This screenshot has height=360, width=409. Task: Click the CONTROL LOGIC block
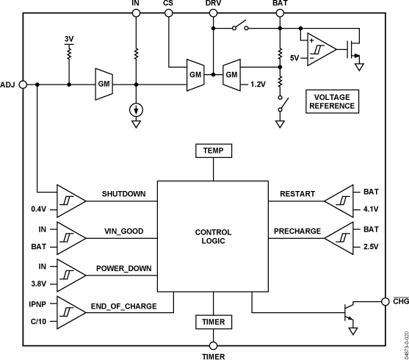tap(214, 237)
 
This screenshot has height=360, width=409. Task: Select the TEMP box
tap(214, 151)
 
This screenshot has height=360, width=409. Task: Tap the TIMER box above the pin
tap(214, 322)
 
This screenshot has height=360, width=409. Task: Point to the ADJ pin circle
tap(23, 84)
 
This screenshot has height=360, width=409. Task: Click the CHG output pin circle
tap(386, 300)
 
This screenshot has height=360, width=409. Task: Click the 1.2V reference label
tap(258, 84)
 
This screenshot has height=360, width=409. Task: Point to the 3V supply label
tap(68, 38)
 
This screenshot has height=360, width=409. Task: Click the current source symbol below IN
tap(136, 110)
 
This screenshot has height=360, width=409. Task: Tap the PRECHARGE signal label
tap(297, 231)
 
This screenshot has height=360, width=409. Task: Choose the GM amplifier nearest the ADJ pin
tap(104, 84)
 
